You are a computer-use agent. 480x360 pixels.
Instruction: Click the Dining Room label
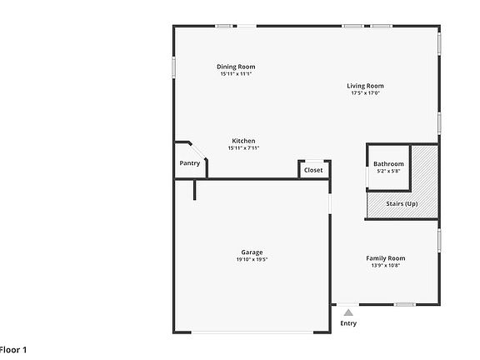236,67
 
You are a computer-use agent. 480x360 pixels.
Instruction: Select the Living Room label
365,86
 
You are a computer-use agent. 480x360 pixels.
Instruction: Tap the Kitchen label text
243,141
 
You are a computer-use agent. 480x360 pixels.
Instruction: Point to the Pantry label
189,163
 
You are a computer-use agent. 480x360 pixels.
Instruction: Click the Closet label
313,170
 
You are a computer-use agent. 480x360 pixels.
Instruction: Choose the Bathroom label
388,164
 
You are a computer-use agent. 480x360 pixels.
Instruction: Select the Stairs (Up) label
402,203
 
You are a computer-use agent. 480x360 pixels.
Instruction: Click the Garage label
252,252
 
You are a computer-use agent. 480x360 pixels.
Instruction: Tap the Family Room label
385,258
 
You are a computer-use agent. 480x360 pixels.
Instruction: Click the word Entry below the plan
348,323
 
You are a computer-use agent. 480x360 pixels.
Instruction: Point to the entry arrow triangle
348,312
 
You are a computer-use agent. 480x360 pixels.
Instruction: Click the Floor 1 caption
14,349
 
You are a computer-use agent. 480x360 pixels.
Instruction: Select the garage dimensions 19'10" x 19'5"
252,260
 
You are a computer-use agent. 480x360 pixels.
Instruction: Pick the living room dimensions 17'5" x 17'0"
365,93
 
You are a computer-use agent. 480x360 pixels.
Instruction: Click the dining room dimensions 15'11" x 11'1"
236,74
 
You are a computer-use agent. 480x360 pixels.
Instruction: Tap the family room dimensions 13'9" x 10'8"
385,266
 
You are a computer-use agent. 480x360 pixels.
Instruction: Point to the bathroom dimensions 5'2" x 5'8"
388,172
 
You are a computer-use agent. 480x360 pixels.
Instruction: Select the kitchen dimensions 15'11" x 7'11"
243,148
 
